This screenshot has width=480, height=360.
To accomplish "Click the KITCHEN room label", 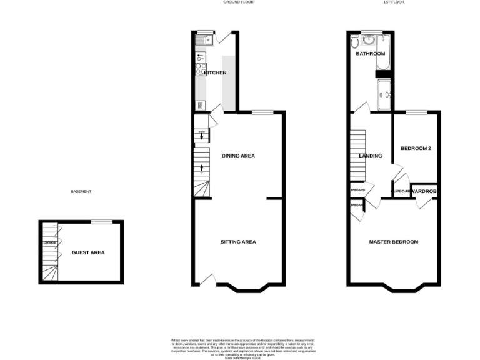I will click(x=214, y=73).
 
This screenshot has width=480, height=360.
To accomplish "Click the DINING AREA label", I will click(x=238, y=156).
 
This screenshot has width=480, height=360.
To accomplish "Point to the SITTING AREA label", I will click(x=238, y=242).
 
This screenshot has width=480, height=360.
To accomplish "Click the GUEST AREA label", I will click(x=88, y=252).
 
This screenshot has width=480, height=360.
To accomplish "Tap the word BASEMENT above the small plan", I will click(x=81, y=191).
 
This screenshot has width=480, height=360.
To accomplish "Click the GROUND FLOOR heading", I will click(x=238, y=2).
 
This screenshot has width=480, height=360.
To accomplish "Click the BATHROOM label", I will click(x=371, y=54).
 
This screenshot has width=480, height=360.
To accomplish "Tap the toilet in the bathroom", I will click(x=355, y=42).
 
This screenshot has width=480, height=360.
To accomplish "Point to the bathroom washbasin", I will click(x=369, y=39).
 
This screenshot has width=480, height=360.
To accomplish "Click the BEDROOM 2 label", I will click(x=416, y=148).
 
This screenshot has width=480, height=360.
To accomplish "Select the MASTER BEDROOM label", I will click(x=393, y=242).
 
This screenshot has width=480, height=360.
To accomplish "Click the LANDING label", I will click(x=370, y=156).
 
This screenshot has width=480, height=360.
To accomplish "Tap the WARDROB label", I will click(x=423, y=191).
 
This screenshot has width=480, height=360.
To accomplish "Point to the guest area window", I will click(x=101, y=221).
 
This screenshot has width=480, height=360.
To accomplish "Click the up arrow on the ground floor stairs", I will click(x=201, y=167).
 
